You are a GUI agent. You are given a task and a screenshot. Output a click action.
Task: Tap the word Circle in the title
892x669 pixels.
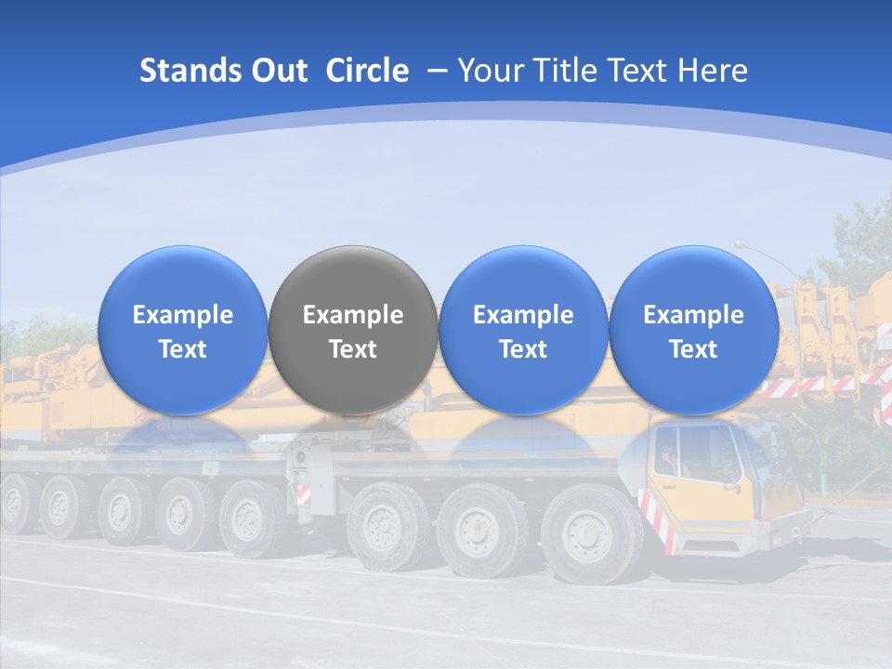tap(367, 71)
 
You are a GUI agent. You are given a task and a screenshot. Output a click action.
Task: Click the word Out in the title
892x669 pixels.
tap(280, 71)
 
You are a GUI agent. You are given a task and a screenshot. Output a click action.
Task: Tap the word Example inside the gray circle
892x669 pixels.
tap(353, 315)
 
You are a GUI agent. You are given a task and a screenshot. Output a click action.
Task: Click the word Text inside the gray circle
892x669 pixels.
tap(353, 349)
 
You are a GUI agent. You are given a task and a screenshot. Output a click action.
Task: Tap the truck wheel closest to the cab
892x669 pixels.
tap(589, 535)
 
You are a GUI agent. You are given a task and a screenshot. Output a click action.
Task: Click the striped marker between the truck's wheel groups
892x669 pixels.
tap(303, 493)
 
